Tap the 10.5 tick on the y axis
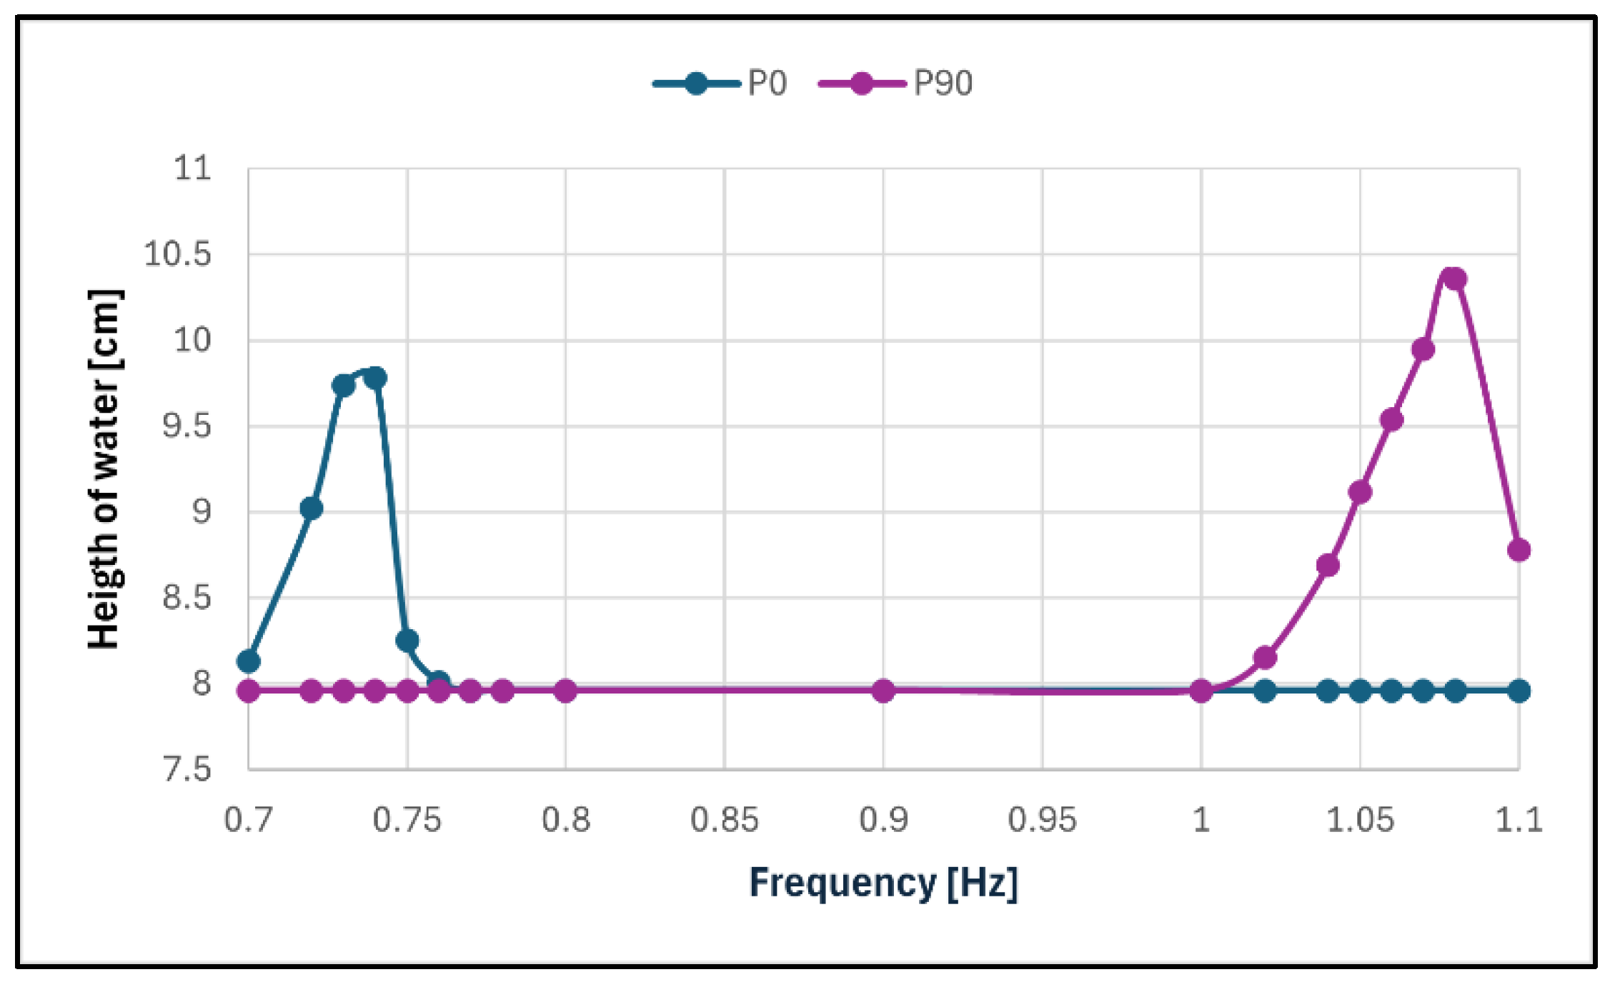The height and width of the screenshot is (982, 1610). point(178,254)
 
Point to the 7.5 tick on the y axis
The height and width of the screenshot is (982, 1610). point(188,769)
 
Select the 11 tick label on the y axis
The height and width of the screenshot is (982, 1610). point(193,169)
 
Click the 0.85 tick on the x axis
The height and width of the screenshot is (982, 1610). point(724,820)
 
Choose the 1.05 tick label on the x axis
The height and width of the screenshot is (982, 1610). point(1360,820)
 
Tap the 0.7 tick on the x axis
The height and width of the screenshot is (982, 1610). point(248,820)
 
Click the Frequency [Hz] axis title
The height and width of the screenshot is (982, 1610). point(883,883)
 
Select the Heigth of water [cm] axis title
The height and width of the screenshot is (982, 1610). point(104,469)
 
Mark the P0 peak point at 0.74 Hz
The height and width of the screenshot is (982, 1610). point(375,377)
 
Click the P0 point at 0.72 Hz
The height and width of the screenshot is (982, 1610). point(311,508)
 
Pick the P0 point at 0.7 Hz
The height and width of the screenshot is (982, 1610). point(248,661)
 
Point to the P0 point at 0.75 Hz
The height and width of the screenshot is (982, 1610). point(407,640)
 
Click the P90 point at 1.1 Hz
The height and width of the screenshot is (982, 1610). point(1519,550)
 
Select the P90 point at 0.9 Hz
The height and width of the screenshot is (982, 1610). point(883,691)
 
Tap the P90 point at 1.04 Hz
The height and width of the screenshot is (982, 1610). point(1328,566)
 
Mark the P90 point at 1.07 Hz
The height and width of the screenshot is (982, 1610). point(1423,349)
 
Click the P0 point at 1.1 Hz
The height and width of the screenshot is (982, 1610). point(1519,691)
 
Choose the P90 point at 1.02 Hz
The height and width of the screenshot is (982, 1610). point(1265,657)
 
